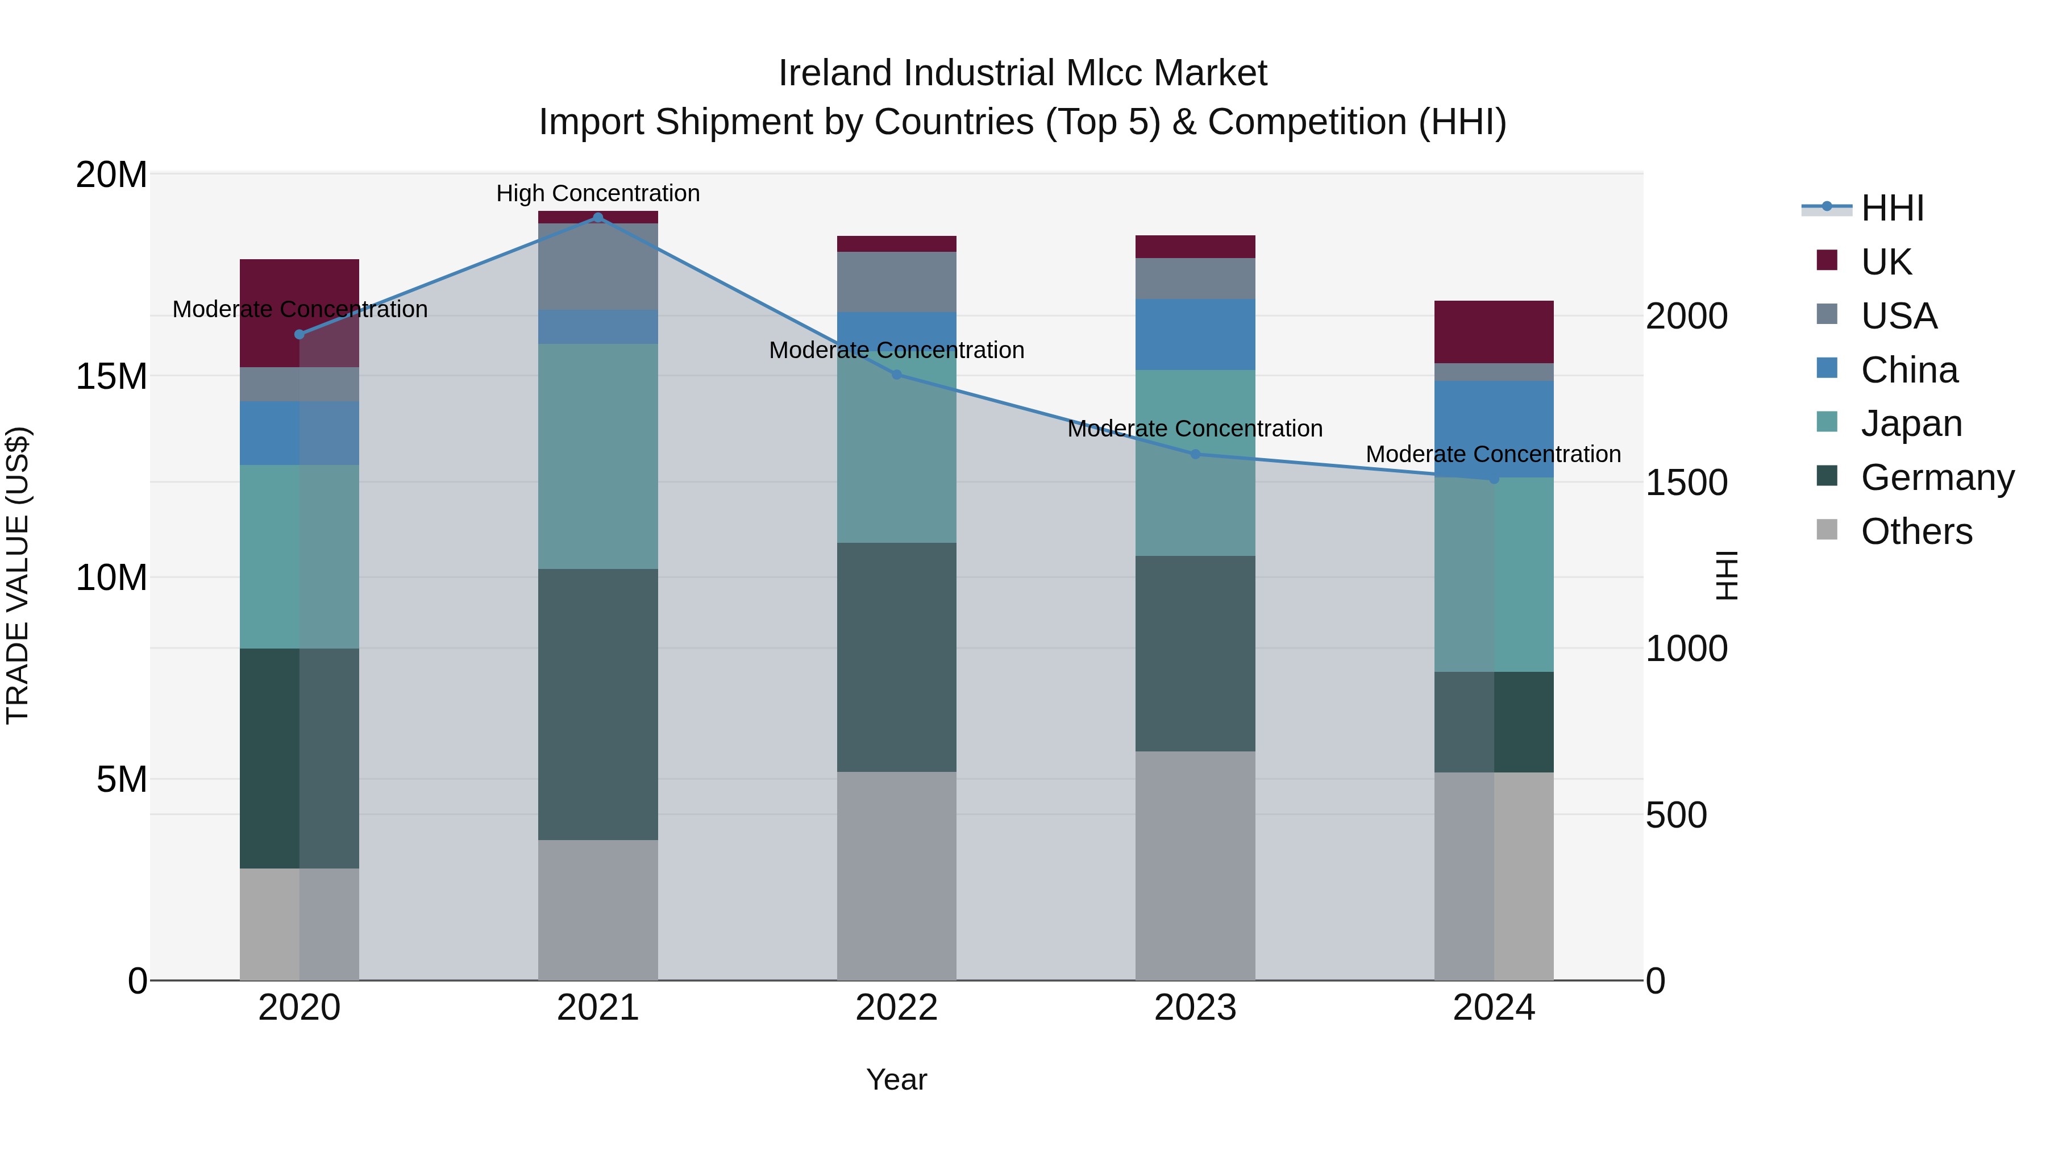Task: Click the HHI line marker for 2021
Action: pos(598,218)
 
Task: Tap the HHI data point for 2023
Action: pos(1195,454)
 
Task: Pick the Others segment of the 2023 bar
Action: pos(1195,865)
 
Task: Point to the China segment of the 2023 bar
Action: pos(1195,334)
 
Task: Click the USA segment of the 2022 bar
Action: pos(897,282)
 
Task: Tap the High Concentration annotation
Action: pos(598,194)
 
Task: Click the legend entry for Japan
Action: pos(1910,423)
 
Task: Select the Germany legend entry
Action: pos(1936,477)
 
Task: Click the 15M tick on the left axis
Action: pos(111,376)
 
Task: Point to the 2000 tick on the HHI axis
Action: pos(1686,316)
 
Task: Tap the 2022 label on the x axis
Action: pos(897,1008)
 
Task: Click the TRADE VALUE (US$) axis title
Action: pos(18,575)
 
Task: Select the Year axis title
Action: pos(897,1079)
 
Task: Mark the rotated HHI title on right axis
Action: pos(1727,575)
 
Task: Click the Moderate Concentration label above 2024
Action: pos(1493,454)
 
